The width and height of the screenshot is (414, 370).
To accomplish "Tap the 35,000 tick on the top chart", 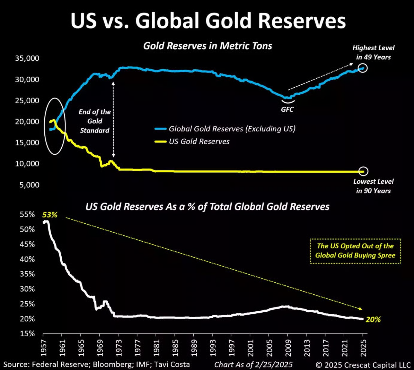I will pyautogui.click(x=27, y=58).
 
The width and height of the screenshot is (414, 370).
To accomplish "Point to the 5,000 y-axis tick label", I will pyautogui.click(x=29, y=185).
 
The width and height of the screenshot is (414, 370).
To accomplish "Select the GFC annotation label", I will pyautogui.click(x=287, y=109).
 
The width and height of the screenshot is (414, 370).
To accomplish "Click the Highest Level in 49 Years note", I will pyautogui.click(x=373, y=52).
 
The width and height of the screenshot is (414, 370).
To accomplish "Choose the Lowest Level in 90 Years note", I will pyautogui.click(x=373, y=186).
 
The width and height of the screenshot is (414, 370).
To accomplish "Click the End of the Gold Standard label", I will pyautogui.click(x=95, y=121).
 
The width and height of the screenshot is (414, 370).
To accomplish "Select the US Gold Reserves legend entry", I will pyautogui.click(x=199, y=141).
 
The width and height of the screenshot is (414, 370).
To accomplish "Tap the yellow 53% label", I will pyautogui.click(x=50, y=215).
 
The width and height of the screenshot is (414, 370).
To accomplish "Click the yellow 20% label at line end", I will pyautogui.click(x=373, y=319).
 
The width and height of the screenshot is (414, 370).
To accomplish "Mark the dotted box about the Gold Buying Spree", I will pyautogui.click(x=355, y=251).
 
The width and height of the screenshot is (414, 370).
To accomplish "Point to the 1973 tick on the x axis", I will pyautogui.click(x=119, y=348).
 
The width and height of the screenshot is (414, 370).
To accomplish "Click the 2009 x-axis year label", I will pyautogui.click(x=288, y=348).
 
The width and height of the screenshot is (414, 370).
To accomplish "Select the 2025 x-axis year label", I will pyautogui.click(x=363, y=348).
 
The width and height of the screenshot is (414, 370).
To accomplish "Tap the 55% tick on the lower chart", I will pyautogui.click(x=27, y=214).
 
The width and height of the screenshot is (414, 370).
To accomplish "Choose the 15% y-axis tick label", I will pyautogui.click(x=27, y=334).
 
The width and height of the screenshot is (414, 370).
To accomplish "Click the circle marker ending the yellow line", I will pyautogui.click(x=363, y=171).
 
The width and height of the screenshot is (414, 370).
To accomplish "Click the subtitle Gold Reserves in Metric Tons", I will pyautogui.click(x=207, y=46).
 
